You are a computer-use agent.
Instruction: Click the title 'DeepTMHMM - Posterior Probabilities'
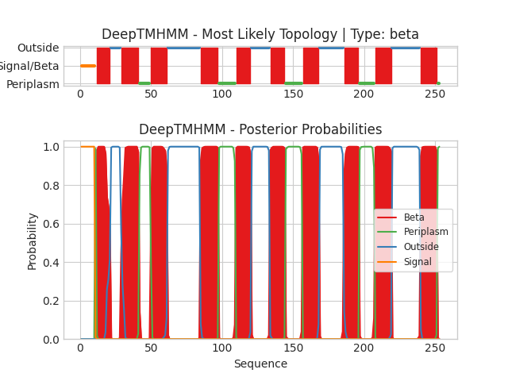coord(260,130)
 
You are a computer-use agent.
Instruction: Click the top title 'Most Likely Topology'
coord(260,35)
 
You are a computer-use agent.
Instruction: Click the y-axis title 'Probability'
coord(32,241)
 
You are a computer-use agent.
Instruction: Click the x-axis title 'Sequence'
coord(260,364)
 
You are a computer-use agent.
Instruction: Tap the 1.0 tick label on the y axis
coord(49,147)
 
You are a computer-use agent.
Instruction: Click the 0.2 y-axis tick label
coord(49,301)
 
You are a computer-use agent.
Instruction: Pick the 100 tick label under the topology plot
coord(221,94)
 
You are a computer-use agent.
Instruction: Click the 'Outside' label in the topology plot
coord(38,48)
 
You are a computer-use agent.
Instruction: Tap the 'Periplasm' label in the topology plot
coord(33,84)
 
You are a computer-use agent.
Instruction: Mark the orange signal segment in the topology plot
coord(87,66)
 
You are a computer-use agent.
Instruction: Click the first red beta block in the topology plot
coord(103,66)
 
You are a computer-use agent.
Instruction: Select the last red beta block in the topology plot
coord(429,66)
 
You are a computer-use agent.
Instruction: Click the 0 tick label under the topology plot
coord(79,94)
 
